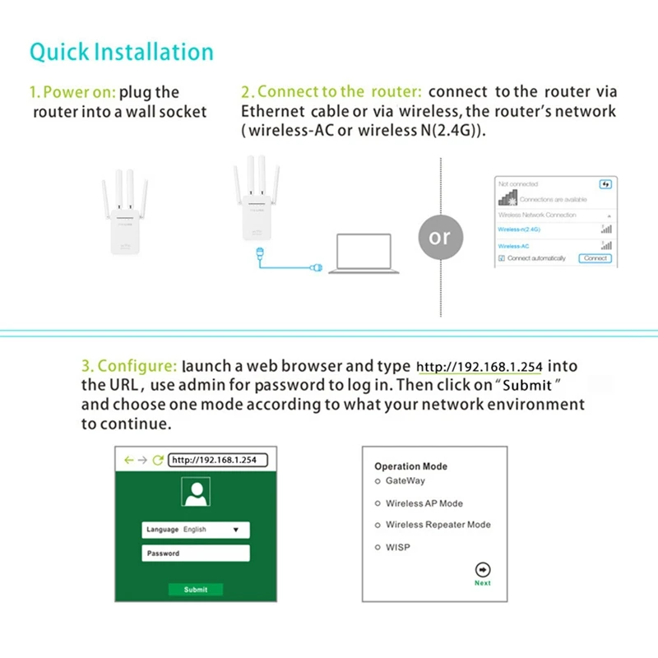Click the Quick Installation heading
point(122,52)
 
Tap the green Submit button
point(196,590)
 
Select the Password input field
point(196,554)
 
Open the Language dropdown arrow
point(236,531)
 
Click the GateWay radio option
point(378,481)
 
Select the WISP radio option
point(378,547)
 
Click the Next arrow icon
point(483,569)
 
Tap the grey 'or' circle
point(440,237)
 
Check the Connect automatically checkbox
point(502,258)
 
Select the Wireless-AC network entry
point(515,245)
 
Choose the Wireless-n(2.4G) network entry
point(520,229)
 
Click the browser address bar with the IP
point(218,460)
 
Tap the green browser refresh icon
point(158,461)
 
